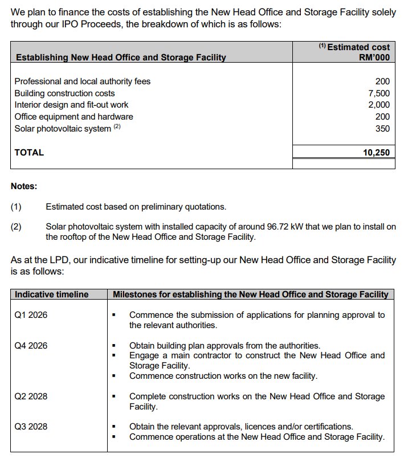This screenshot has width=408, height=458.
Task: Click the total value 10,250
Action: point(376,153)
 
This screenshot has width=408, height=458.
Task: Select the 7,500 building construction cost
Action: point(379,93)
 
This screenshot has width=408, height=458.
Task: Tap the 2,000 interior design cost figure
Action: point(379,105)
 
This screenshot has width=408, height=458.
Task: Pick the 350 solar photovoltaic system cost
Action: point(383,129)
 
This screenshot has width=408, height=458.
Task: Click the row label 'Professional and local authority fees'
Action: point(83,81)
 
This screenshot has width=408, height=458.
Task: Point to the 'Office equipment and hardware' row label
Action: point(74,117)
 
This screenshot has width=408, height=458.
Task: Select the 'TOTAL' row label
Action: point(29,153)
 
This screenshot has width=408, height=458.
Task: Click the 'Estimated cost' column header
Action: point(358,47)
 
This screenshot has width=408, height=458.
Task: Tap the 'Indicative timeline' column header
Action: point(52,295)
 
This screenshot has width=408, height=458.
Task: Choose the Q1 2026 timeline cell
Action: point(31,314)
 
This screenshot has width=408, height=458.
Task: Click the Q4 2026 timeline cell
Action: point(31,346)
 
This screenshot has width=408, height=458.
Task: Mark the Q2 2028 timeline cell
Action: point(31,396)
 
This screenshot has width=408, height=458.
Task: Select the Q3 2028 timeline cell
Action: point(31,427)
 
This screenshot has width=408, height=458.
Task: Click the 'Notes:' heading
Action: point(24,186)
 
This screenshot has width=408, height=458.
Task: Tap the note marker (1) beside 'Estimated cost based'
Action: point(16,207)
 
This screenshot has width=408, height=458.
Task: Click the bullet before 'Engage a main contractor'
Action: point(115,356)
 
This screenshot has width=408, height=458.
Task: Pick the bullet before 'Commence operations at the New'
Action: point(115,437)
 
